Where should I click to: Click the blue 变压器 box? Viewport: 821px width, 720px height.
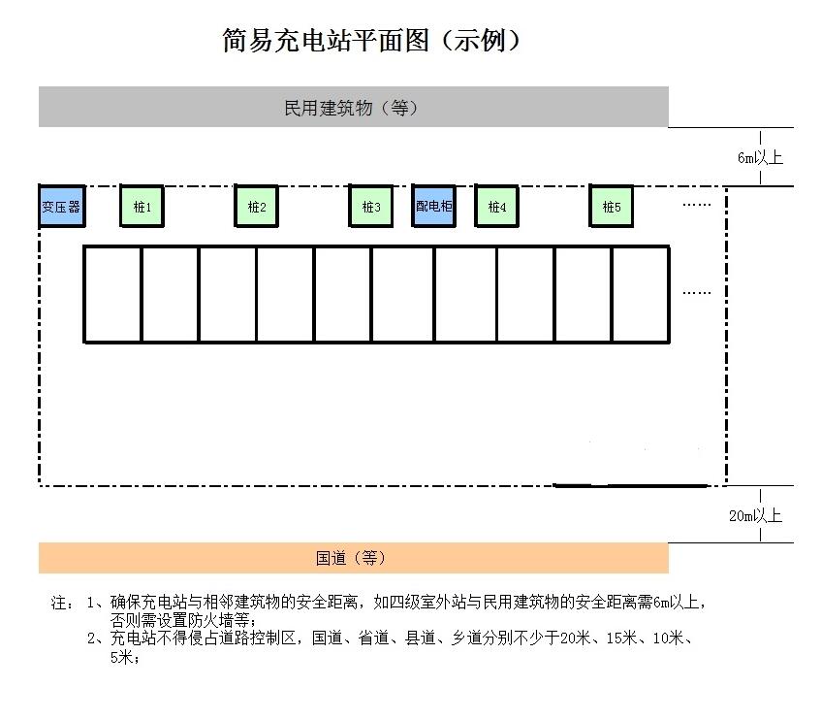coord(62,206)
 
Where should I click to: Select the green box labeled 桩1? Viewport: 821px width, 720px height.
coord(142,206)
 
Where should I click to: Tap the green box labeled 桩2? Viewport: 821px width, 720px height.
coord(256,206)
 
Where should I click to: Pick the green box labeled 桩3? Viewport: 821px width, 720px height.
coord(370,206)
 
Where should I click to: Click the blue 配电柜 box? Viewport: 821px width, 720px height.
coord(433,206)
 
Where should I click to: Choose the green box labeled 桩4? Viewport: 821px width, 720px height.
coord(496,206)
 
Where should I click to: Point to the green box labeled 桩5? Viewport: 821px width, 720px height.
coord(611,206)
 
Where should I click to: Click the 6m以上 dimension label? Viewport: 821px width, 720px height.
coord(760,157)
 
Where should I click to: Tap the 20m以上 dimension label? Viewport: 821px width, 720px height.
coord(755,515)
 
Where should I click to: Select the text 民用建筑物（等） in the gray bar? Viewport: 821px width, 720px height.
coord(351,108)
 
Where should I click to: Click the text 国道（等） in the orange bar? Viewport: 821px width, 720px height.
coord(350,558)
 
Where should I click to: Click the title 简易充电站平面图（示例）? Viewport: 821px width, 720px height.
coord(370,41)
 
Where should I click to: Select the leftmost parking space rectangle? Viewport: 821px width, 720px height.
coord(112,294)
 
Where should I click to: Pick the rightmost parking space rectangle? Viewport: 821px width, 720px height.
coord(641,294)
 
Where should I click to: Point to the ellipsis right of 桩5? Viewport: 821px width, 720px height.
coord(697,205)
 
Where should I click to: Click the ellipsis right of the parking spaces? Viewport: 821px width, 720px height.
coord(697,293)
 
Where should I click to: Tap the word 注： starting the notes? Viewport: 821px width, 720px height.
coord(62,603)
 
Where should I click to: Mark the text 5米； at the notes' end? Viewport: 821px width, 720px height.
coord(125,657)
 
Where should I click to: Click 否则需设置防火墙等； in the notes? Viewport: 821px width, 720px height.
coord(183,620)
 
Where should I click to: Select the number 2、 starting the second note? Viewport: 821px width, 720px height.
coord(96,638)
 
